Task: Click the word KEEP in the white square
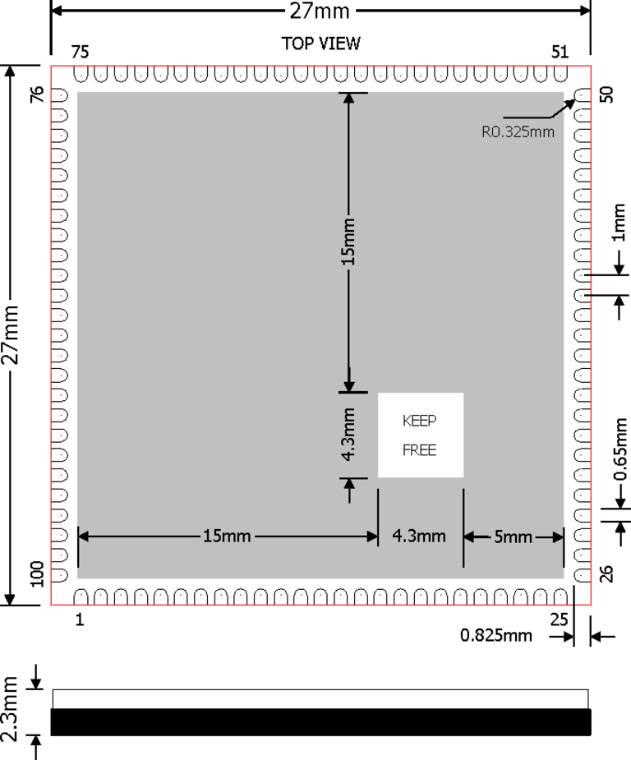pyautogui.click(x=419, y=421)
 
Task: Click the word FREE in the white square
pyautogui.click(x=419, y=450)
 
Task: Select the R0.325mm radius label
pyautogui.click(x=518, y=131)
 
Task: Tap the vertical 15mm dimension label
pyautogui.click(x=349, y=242)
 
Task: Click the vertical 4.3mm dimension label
pyautogui.click(x=349, y=434)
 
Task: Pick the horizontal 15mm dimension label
pyautogui.click(x=227, y=537)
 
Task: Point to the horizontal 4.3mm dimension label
pyautogui.click(x=419, y=537)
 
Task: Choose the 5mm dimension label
pyautogui.click(x=514, y=537)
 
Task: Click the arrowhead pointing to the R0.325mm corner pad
pyautogui.click(x=570, y=104)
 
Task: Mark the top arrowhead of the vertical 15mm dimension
pyautogui.click(x=349, y=98)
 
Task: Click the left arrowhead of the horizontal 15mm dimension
pyautogui.click(x=83, y=537)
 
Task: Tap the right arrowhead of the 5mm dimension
pyautogui.click(x=559, y=537)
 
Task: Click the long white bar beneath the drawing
pyautogui.click(x=320, y=699)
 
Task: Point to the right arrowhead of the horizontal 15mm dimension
pyautogui.click(x=372, y=537)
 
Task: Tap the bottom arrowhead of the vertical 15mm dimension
pyautogui.click(x=349, y=386)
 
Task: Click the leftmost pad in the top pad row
pyautogui.click(x=81, y=74)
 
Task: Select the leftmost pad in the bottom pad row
pyautogui.click(x=81, y=597)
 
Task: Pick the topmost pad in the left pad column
pyautogui.click(x=59, y=96)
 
